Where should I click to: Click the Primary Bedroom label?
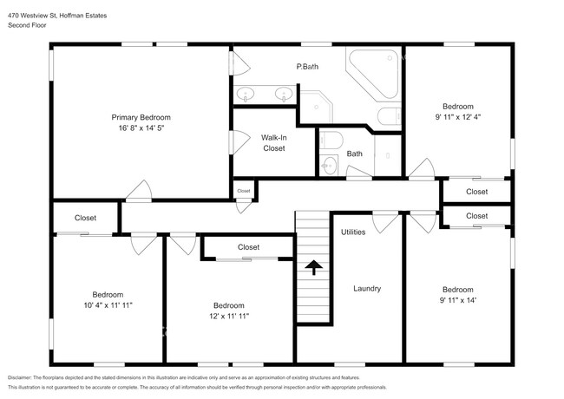[x=141, y=118]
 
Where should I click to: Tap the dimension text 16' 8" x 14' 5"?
[x=141, y=128]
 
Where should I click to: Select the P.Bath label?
[x=307, y=67]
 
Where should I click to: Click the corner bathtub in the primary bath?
[x=374, y=74]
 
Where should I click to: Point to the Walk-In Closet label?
[x=273, y=143]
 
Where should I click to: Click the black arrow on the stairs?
[x=314, y=267]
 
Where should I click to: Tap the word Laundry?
[x=367, y=288]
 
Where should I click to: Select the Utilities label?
[x=353, y=232]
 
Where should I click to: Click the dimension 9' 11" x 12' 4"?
[x=458, y=117]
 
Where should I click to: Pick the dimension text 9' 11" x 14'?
[x=458, y=300]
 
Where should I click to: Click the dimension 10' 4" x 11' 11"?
[x=108, y=305]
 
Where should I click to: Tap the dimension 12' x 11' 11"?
[x=229, y=316]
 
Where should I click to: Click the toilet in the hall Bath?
[x=331, y=140]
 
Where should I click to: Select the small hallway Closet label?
[x=244, y=191]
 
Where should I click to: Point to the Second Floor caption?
[x=27, y=25]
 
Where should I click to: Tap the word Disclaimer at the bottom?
[x=20, y=378]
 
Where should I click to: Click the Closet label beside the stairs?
[x=248, y=247]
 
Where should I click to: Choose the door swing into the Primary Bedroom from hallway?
[x=139, y=190]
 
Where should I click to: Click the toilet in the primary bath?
[x=390, y=115]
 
